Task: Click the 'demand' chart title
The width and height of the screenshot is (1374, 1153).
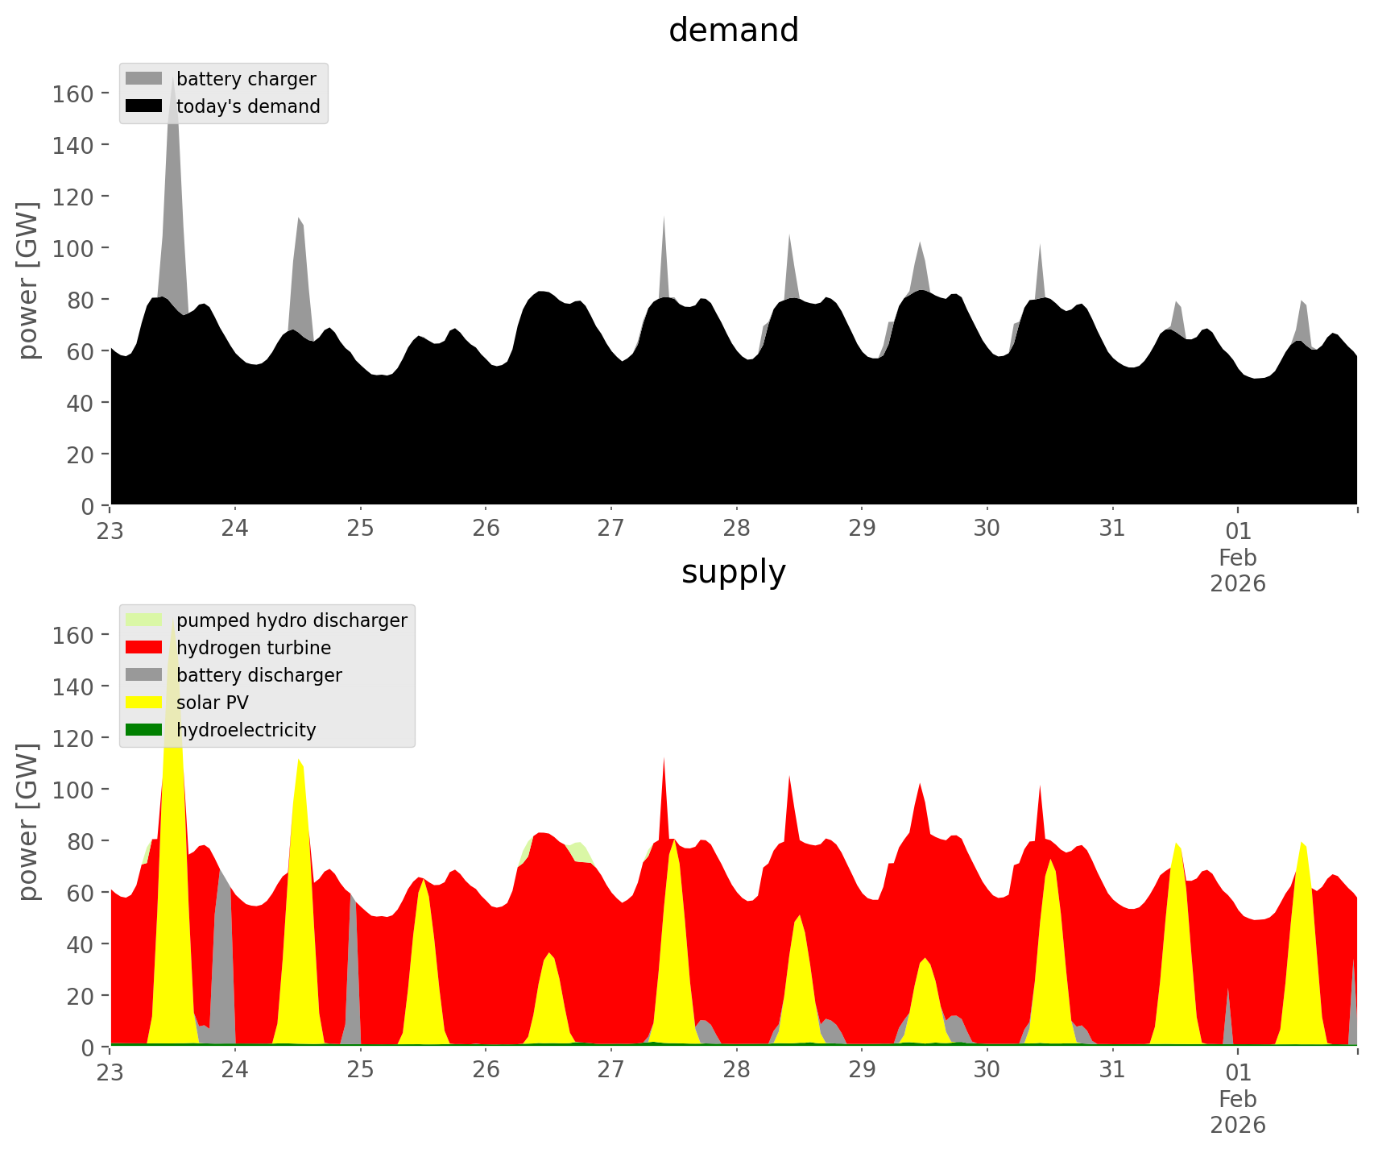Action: (733, 31)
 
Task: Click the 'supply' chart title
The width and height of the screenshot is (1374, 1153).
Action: (733, 572)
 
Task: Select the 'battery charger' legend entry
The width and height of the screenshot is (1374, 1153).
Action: (246, 79)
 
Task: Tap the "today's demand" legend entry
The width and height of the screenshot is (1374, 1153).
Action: (248, 106)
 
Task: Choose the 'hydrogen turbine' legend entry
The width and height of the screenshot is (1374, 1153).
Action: (253, 648)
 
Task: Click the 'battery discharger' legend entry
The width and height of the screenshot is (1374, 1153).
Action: (259, 675)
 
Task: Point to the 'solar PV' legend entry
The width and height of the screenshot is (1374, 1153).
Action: (212, 703)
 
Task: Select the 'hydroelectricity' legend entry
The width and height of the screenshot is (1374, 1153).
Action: (246, 730)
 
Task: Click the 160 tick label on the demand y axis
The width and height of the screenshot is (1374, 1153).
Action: (72, 93)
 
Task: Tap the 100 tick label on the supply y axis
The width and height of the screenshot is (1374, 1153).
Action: (72, 790)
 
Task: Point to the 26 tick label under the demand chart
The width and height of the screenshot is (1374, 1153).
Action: (486, 529)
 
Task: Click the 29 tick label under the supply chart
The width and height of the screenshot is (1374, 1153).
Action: (862, 1070)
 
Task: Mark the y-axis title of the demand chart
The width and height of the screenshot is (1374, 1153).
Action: (28, 280)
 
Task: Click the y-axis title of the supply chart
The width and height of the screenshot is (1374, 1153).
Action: (28, 822)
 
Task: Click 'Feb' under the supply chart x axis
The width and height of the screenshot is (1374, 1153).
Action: (1238, 1099)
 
